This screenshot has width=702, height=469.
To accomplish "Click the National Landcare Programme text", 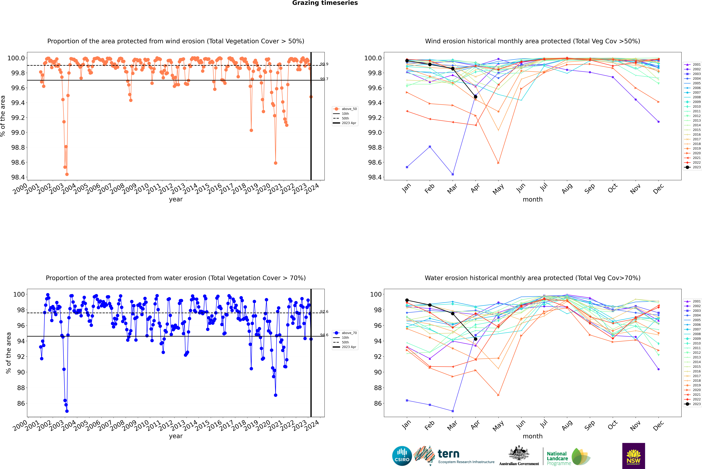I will tap(557, 458).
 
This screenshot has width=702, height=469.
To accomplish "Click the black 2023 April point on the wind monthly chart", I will tap(476, 97).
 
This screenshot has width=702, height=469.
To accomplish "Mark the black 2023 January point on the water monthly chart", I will tap(407, 300).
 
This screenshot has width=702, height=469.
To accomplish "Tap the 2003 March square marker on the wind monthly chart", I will tap(453, 174).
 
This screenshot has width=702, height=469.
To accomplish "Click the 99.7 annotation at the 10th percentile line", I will tap(324, 79).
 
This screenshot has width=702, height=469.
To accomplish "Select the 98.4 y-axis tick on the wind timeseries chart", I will tap(18, 177).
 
